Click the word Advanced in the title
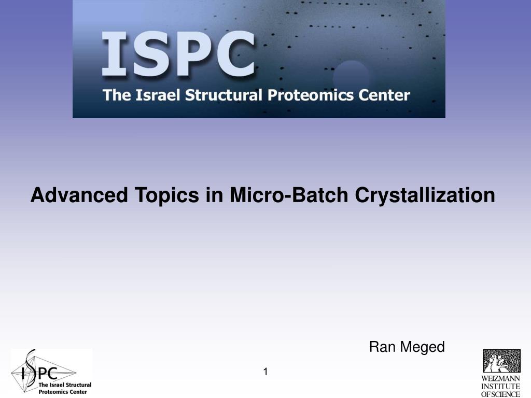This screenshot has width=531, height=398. coord(79,195)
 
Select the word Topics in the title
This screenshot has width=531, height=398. coord(166,195)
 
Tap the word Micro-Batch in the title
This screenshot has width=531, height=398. coord(289,195)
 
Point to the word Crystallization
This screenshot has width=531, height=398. coord(425,195)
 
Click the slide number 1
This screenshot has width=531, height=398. coord(265,372)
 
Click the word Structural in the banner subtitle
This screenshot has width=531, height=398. coord(223,95)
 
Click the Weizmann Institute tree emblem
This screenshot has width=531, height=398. coord(501,361)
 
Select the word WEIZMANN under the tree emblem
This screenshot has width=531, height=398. coord(501,378)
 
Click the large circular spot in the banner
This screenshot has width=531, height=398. coord(351,78)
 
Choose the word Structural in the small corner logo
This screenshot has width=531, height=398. coord(78,385)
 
